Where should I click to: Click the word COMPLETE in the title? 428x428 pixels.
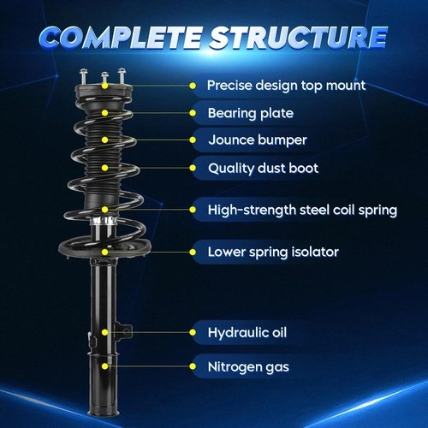pos(121,37)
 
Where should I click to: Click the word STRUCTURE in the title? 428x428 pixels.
pos(299,37)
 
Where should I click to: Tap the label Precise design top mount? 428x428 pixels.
pos(286,86)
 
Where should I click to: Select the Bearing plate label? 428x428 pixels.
pos(251,114)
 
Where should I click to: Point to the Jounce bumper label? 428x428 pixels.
pos(258,140)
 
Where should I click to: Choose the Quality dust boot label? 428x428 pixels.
pos(263,169)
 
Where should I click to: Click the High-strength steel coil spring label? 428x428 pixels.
pos(302,210)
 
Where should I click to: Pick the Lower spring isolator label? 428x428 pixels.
pos(273,253)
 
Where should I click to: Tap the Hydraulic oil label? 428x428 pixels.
pos(247,333)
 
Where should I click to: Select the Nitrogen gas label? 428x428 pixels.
pos(248,367)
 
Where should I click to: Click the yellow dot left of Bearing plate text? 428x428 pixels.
pos(193,113)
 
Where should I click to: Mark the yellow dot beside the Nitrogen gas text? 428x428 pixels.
pos(193,366)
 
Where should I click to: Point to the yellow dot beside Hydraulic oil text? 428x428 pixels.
pos(193,332)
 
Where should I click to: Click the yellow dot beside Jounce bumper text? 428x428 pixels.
pos(193,140)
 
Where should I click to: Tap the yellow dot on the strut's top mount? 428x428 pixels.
pos(105,86)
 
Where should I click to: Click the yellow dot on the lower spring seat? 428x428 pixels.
pos(105,253)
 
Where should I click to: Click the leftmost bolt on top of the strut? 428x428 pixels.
pos(83,76)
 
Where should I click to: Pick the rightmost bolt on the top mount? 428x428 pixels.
pos(122,76)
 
